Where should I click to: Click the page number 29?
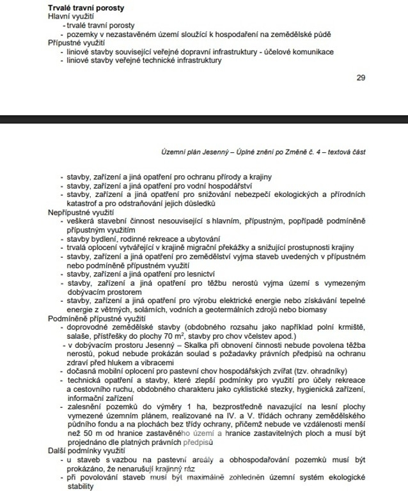click(x=361, y=78)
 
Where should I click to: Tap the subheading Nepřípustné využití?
click(x=81, y=211)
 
